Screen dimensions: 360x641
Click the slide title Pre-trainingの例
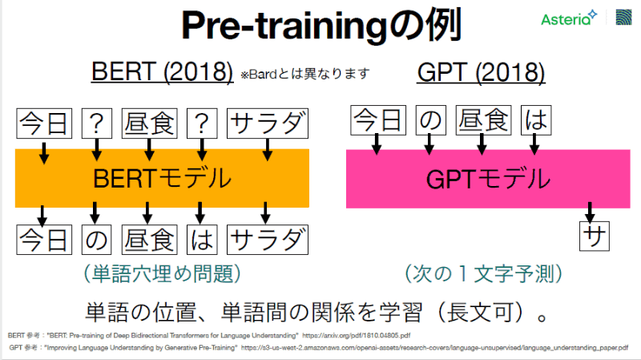point(320,26)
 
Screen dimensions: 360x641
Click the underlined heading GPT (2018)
point(481,74)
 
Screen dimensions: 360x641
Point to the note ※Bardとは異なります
point(305,75)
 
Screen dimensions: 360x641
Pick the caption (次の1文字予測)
point(482,274)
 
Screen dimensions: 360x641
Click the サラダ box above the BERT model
point(268,124)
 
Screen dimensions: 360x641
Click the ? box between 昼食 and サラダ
point(200,124)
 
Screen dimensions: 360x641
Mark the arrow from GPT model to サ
point(591,213)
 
